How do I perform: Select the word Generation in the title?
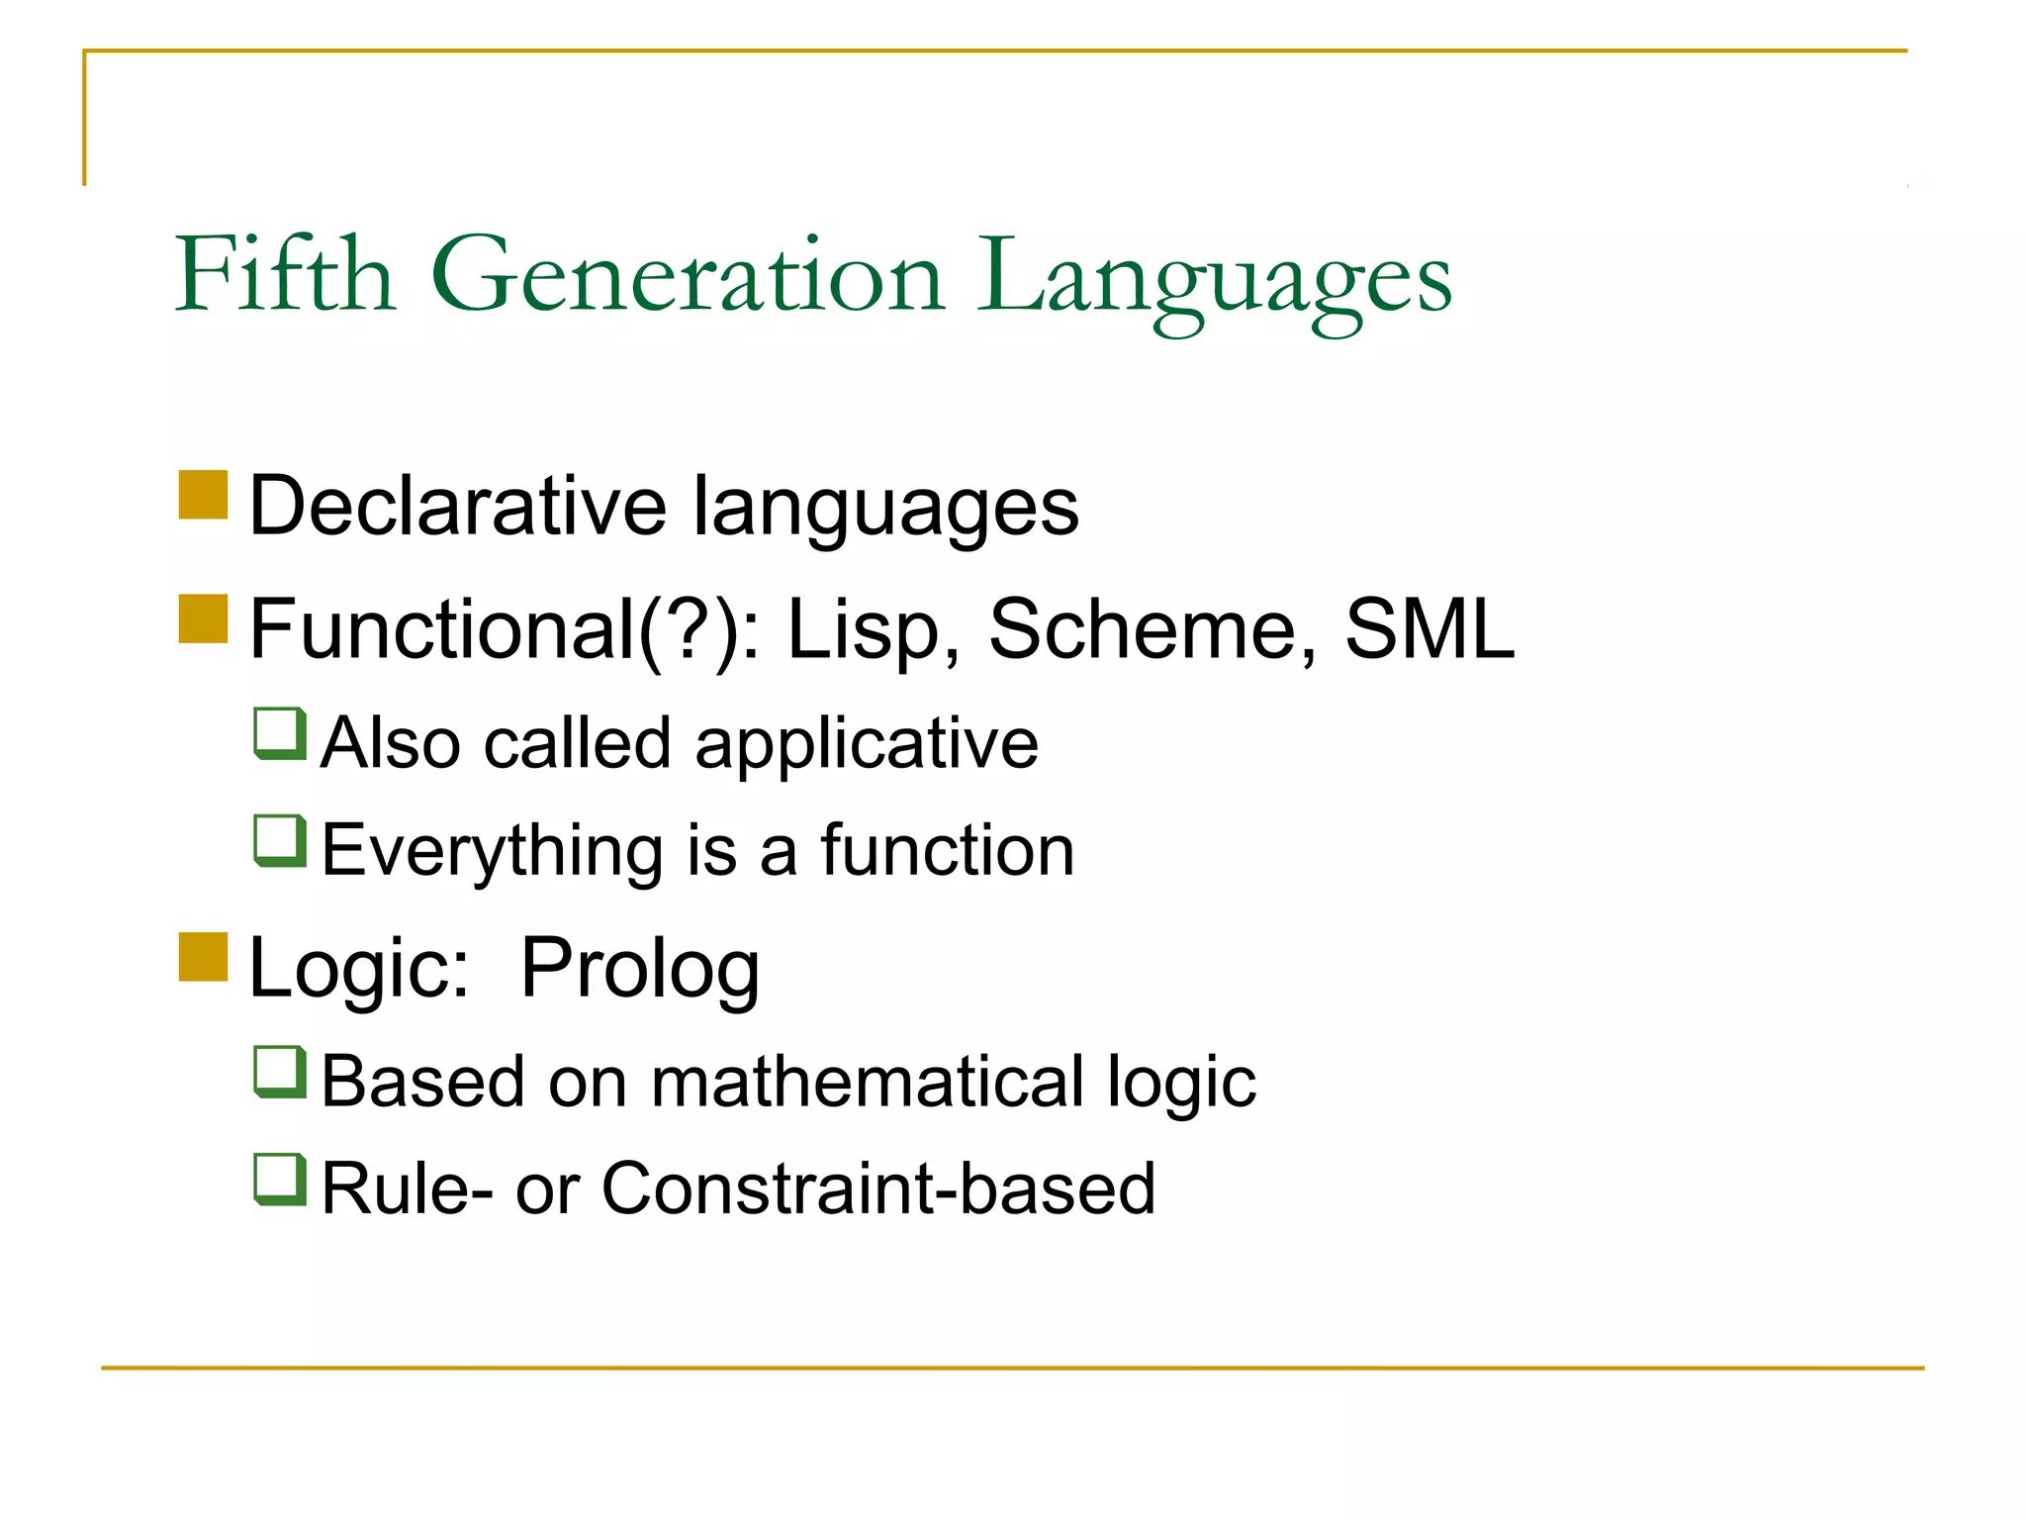688,277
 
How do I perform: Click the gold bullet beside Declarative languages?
204,495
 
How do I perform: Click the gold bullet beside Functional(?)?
204,618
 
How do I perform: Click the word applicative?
866,744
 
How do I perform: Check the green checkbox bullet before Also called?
280,733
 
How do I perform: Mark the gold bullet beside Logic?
204,957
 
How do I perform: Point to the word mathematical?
868,1081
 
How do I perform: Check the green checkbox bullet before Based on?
280,1072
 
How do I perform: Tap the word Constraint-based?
877,1187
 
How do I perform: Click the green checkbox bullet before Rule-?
280,1179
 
